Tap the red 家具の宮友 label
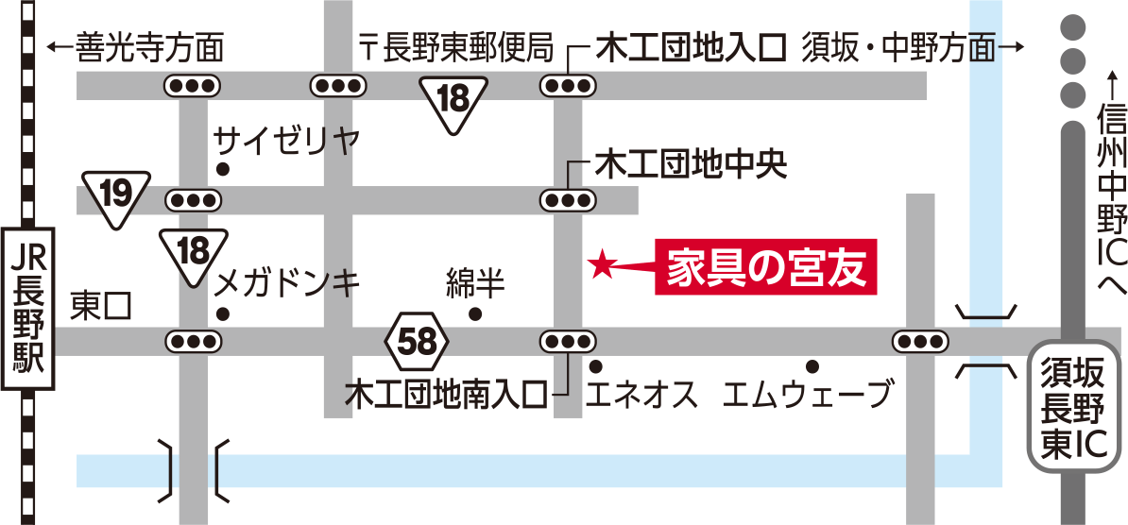tap(765, 267)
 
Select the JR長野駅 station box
tap(28, 310)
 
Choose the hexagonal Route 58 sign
tap(418, 343)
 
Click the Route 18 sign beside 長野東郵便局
tap(453, 105)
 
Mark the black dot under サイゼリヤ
tap(223, 170)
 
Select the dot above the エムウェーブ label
tap(812, 366)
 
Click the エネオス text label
tap(642, 395)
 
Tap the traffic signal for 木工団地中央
tap(569, 200)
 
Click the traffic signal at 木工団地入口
tap(569, 86)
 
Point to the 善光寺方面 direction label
tap(134, 48)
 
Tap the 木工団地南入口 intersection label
tap(446, 395)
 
